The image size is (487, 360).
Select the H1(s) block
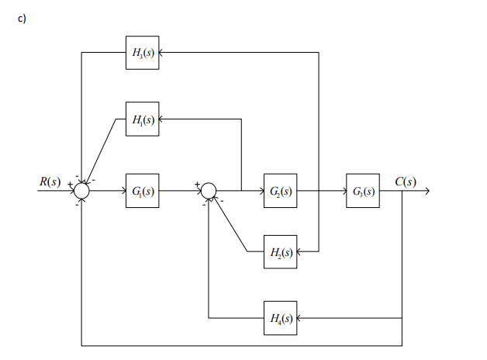pos(143,119)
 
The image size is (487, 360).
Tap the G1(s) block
pos(143,190)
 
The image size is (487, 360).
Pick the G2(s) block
pos(280,190)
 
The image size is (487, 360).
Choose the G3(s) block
pos(363,190)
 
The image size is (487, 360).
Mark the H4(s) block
pos(280,318)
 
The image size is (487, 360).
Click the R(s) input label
pos(50,182)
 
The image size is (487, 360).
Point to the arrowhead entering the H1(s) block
pos(163,119)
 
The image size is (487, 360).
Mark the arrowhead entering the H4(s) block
pos(300,318)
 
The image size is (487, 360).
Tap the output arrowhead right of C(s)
pos(424,190)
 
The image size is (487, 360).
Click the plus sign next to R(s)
pos(70,184)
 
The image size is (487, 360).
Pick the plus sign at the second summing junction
pos(197,184)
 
